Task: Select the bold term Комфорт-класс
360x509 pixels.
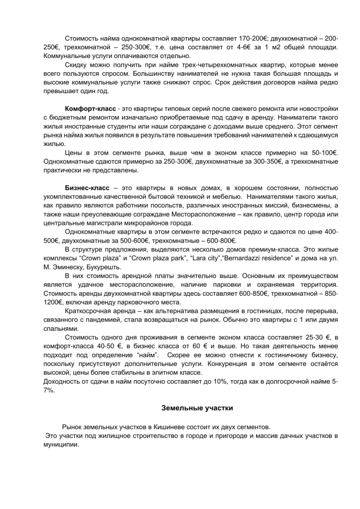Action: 91,109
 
